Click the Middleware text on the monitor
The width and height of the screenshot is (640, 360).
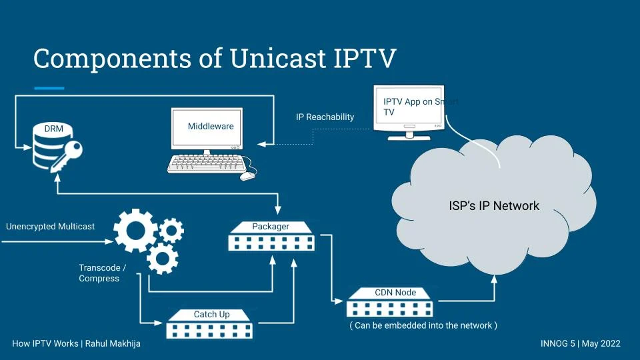tap(211, 126)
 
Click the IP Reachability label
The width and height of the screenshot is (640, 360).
tap(325, 117)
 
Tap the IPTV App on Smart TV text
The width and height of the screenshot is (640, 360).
tap(413, 107)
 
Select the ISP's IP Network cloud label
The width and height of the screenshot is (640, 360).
tap(494, 206)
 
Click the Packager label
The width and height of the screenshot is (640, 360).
tap(271, 227)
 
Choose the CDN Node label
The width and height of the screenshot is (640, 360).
tap(395, 292)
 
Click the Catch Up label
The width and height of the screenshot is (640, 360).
tap(211, 314)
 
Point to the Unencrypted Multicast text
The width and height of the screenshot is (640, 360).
tap(51, 227)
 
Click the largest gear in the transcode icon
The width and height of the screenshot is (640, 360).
tap(135, 230)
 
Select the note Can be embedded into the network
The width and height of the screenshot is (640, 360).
tap(423, 325)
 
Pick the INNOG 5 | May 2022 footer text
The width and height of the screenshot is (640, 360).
tap(580, 344)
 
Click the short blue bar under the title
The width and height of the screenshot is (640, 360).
tap(49, 88)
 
